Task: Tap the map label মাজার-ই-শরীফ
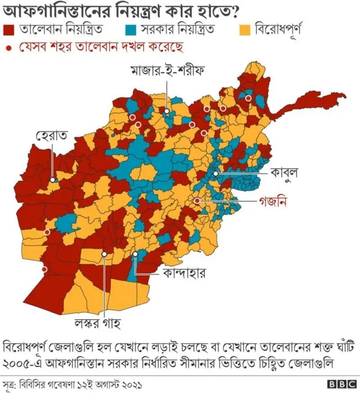coord(167,71)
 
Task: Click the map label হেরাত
coord(51,136)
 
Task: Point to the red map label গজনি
coord(273,200)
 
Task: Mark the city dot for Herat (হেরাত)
coord(53,180)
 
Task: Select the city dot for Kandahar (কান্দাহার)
coord(136,255)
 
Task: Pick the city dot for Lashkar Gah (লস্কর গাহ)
coord(104,254)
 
